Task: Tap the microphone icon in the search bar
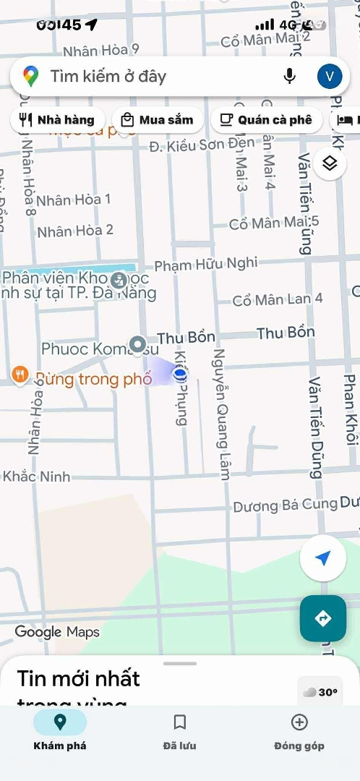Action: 290,76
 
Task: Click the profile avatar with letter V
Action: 330,76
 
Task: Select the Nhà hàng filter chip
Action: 58,119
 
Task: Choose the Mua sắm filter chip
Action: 158,119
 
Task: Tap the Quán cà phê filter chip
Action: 266,119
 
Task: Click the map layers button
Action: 330,163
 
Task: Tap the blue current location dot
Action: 180,373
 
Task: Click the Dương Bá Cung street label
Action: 286,505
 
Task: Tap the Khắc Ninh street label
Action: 37,477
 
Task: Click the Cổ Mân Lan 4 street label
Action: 278,299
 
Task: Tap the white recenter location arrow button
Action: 322,558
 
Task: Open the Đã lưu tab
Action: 180,731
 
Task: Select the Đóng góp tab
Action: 299,731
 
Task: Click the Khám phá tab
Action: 60,731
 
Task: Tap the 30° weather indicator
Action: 320,692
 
